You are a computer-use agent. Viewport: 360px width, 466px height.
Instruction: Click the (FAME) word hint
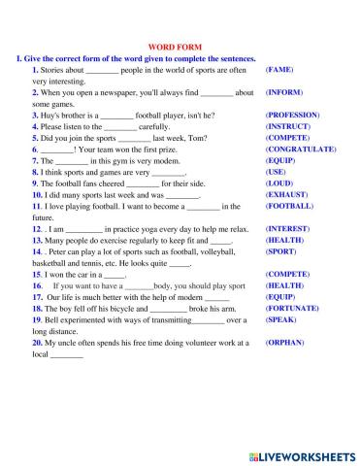(x=279, y=71)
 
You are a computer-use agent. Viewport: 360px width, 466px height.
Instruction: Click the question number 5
(x=35, y=138)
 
